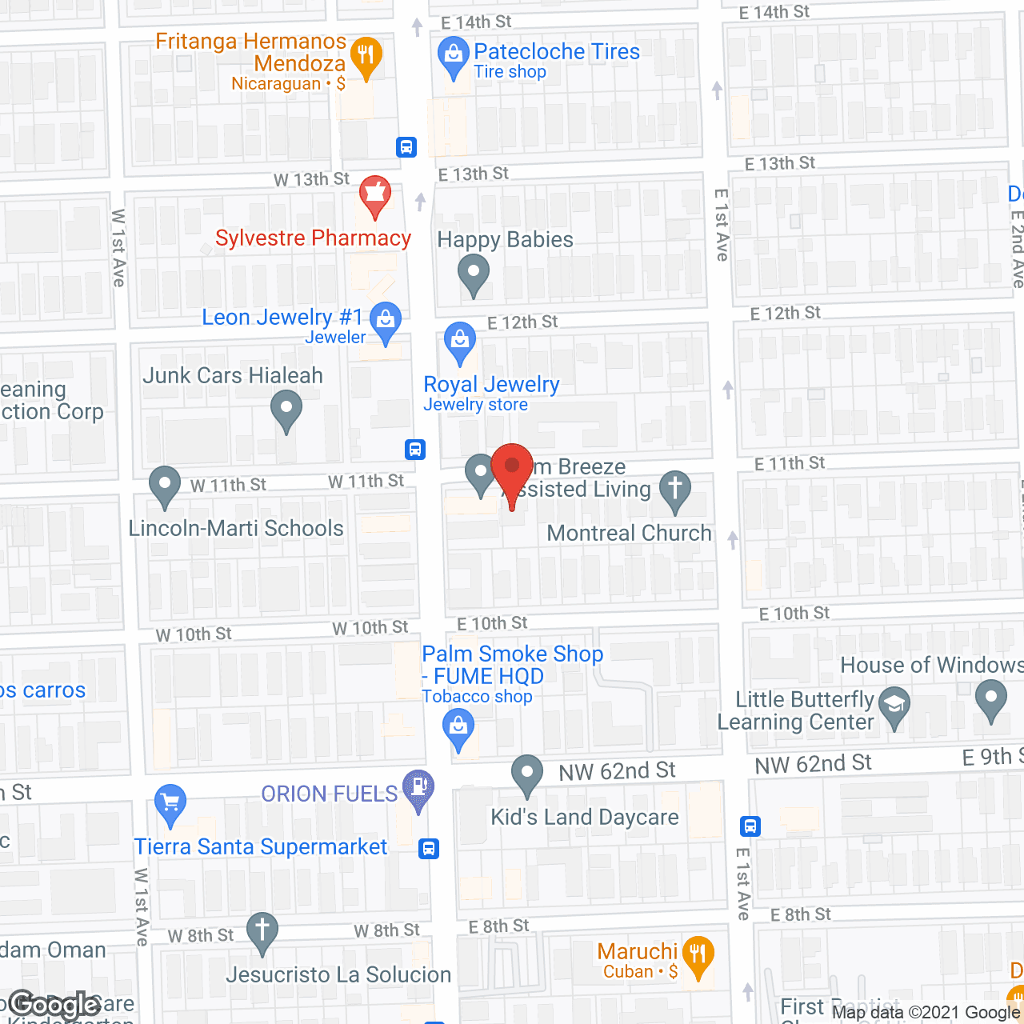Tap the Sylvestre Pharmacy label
[x=313, y=238]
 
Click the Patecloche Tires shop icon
[x=453, y=56]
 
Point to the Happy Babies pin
[x=473, y=273]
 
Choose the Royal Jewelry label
[x=491, y=385]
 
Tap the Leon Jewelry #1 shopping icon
[x=386, y=321]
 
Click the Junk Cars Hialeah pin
[x=286, y=409]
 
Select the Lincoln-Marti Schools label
[x=236, y=528]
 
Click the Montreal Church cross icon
[x=675, y=488]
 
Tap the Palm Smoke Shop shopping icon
[x=458, y=729]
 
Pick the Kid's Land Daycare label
[x=584, y=817]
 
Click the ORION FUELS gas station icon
[x=418, y=786]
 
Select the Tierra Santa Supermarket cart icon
[x=170, y=802]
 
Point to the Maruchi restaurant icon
[x=698, y=954]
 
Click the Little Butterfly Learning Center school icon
[x=894, y=706]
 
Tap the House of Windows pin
[x=991, y=699]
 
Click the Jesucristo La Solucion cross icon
[x=262, y=930]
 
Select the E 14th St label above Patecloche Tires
[x=476, y=22]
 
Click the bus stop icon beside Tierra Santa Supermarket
[x=430, y=848]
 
